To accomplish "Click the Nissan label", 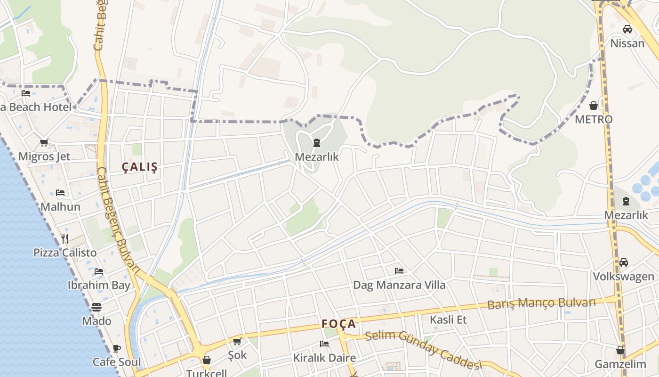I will click(x=627, y=43).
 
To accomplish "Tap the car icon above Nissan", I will click(x=627, y=29).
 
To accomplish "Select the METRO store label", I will click(x=594, y=119).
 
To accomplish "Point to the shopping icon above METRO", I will click(x=594, y=105).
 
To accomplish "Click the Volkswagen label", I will click(x=623, y=276).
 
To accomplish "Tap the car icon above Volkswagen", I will click(x=624, y=262).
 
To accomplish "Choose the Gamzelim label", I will click(x=620, y=364).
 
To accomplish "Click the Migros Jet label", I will click(x=44, y=156).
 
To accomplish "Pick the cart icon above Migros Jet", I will click(x=44, y=142).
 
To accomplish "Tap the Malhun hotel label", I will click(x=60, y=207).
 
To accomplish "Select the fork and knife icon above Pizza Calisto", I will click(x=65, y=238).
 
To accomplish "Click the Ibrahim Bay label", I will click(x=99, y=285).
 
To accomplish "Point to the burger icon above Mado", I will click(x=96, y=307).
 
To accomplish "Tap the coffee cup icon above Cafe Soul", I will click(x=116, y=348).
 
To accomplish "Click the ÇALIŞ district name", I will click(x=140, y=167).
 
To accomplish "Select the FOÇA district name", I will click(x=339, y=324).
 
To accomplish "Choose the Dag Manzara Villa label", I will click(x=399, y=285).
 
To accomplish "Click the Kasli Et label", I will click(x=448, y=320).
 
